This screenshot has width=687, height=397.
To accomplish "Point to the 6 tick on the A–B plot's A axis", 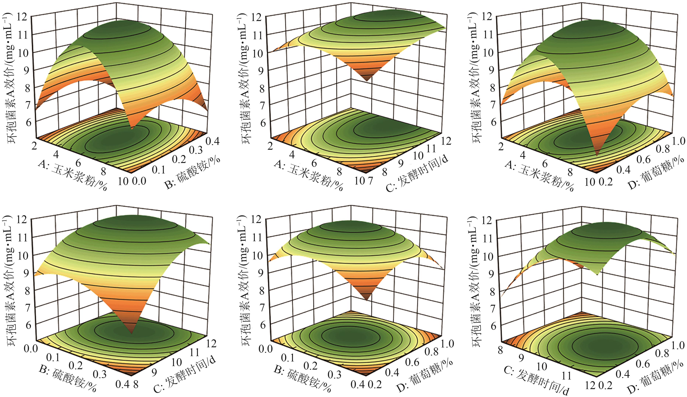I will click(x=78, y=163).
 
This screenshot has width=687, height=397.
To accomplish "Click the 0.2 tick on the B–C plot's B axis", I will click(x=76, y=365).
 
